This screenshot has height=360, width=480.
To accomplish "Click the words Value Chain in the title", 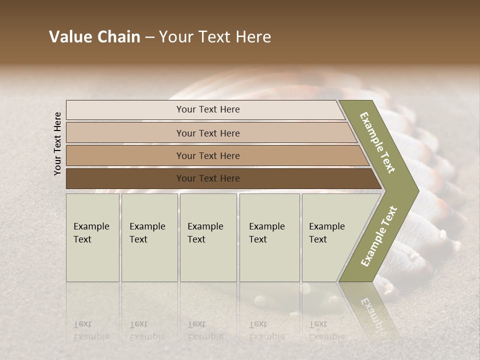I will click(94, 37).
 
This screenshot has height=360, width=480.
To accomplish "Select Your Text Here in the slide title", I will click(215, 37).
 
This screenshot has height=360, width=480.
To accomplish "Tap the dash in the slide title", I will click(149, 37).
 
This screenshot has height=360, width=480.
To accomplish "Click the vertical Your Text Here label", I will click(57, 143).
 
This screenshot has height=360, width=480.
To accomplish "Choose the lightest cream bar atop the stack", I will click(207, 109).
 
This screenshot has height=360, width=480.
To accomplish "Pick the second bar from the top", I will click(207, 133).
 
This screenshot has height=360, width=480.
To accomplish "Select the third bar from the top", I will click(207, 155).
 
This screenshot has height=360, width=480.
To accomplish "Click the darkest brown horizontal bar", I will click(207, 178).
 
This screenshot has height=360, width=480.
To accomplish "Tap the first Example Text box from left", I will click(92, 237).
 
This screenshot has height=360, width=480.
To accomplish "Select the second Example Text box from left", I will click(149, 237).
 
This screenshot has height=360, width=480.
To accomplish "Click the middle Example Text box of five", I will click(208, 237).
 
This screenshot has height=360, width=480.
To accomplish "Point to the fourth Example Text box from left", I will click(269, 237).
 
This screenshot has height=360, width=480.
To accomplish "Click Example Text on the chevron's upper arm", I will click(378, 143).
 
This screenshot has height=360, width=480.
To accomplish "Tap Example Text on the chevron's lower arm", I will click(379, 236).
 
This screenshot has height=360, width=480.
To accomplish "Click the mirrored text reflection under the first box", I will click(91, 330).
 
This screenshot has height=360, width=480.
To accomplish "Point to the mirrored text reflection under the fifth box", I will click(326, 330).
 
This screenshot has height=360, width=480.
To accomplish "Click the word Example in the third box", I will click(205, 226).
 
